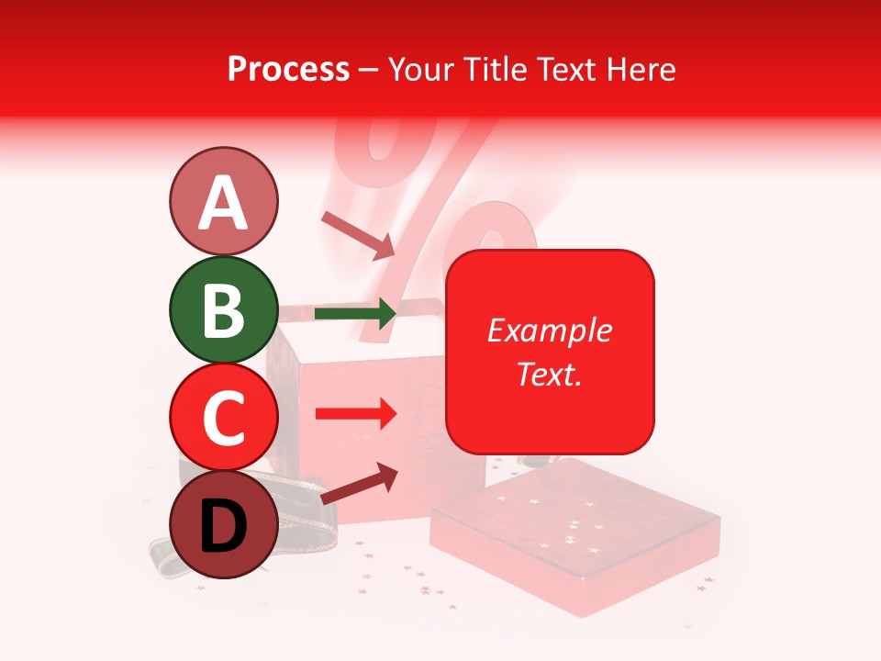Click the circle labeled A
click(x=223, y=202)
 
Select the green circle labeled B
click(x=223, y=310)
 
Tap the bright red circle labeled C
click(x=223, y=418)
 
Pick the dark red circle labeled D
click(x=223, y=524)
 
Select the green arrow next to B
click(x=355, y=314)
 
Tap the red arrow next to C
click(x=355, y=414)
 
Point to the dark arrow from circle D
click(x=359, y=483)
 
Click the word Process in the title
click(x=288, y=70)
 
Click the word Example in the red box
click(x=549, y=330)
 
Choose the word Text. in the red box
click(x=549, y=374)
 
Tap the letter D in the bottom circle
click(x=223, y=526)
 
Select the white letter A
click(x=223, y=203)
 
